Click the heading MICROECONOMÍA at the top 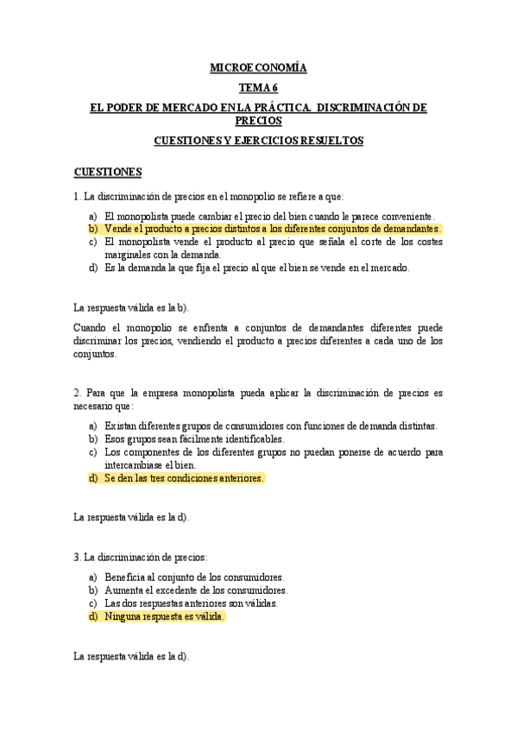[258, 67]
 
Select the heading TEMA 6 [258, 87]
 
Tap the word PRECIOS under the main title [258, 121]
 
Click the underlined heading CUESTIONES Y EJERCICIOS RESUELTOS [258, 141]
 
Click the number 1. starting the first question [77, 196]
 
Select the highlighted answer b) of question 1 [272, 229]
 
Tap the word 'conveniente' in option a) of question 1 [407, 216]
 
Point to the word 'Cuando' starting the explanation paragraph [90, 328]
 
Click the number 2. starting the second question [77, 393]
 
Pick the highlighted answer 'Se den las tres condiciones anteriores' [183, 477]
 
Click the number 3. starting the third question [77, 558]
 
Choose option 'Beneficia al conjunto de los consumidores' [194, 577]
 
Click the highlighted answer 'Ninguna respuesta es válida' [164, 616]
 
